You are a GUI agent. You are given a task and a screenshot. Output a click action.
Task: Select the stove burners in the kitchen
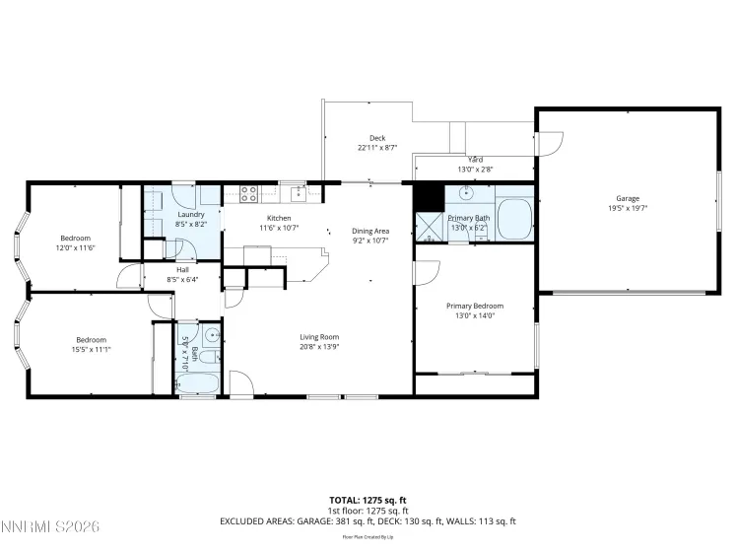click(x=249, y=193)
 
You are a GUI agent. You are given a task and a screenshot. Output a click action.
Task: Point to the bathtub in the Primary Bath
click(x=513, y=218)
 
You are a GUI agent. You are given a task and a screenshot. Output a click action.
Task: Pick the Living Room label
click(x=320, y=337)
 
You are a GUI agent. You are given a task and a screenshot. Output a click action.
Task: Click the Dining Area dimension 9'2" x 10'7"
click(x=370, y=240)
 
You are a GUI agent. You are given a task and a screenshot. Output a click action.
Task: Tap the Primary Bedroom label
click(x=476, y=306)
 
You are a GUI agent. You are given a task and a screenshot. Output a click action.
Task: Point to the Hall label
click(x=182, y=269)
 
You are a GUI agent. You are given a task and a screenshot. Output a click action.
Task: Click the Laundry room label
click(x=190, y=214)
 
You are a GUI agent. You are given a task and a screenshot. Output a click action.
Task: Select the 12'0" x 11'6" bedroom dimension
click(x=75, y=247)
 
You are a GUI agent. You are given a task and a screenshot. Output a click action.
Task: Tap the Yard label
click(x=475, y=159)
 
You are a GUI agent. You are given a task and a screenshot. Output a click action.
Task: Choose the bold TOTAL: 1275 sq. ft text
click(x=368, y=500)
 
